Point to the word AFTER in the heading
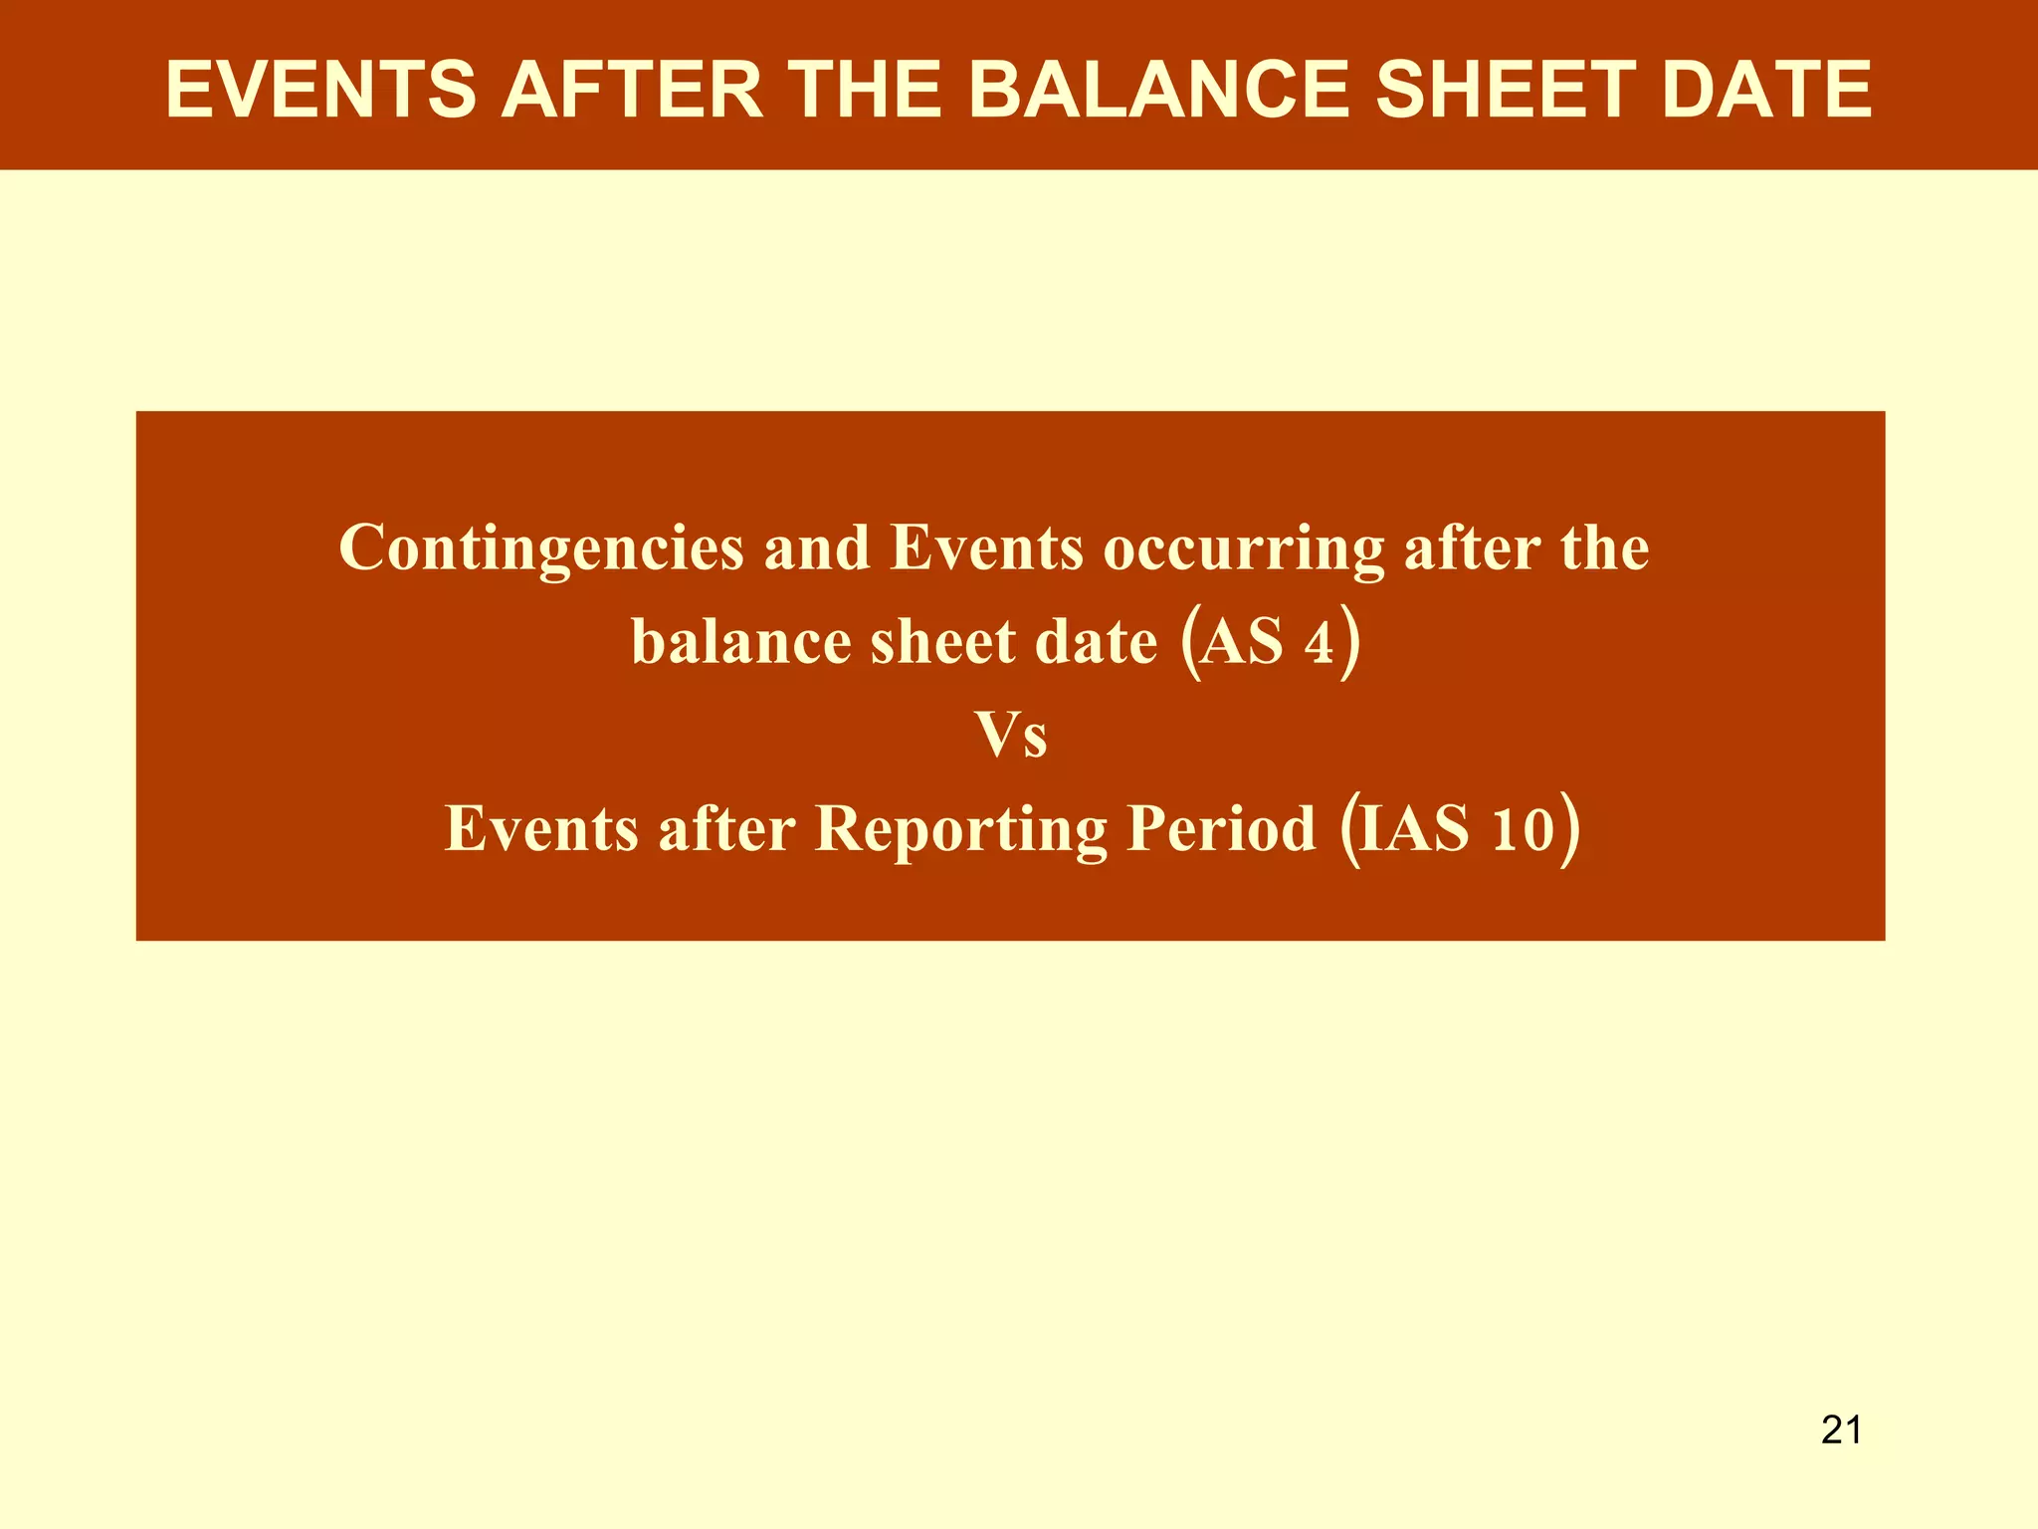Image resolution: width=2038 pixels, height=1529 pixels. click(632, 90)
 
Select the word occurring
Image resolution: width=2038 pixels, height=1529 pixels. click(1243, 548)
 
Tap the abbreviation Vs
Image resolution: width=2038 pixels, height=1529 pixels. click(1011, 735)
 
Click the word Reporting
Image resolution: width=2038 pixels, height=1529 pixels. click(960, 829)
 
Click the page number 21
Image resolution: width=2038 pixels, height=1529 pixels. click(1841, 1429)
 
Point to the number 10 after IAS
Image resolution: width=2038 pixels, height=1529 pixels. click(1523, 828)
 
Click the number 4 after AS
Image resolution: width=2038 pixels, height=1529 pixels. click(1319, 642)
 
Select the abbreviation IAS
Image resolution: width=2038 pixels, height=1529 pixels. click(1413, 828)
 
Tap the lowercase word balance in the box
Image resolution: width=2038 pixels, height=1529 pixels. click(741, 641)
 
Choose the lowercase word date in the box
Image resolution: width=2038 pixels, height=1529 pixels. click(1096, 641)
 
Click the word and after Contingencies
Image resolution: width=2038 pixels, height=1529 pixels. click(816, 547)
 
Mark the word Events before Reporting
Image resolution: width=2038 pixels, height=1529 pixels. click(541, 828)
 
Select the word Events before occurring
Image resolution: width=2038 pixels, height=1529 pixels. click(986, 547)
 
